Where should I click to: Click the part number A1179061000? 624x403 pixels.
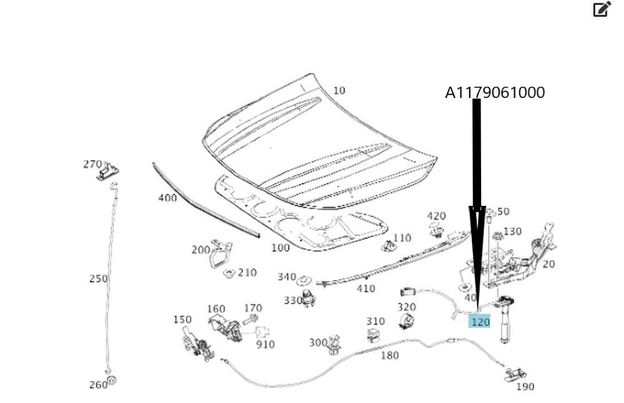tap(494, 93)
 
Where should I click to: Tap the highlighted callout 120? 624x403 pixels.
tap(480, 322)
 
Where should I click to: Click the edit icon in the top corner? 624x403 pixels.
tap(601, 9)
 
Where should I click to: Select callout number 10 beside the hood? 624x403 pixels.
tap(339, 90)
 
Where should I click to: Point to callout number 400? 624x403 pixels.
tap(167, 198)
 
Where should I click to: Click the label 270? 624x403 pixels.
tap(92, 164)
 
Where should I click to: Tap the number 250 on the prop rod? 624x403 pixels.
tap(98, 279)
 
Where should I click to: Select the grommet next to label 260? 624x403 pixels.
tap(112, 380)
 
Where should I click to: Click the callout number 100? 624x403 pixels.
tap(281, 248)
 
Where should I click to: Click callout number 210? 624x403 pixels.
tap(247, 273)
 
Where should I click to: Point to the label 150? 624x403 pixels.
tap(182, 319)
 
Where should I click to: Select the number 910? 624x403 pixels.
tap(265, 344)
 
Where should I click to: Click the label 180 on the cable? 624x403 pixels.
tap(389, 356)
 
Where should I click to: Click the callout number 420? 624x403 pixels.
tap(436, 216)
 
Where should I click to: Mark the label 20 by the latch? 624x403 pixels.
tap(548, 264)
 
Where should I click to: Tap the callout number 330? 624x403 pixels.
tap(293, 301)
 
